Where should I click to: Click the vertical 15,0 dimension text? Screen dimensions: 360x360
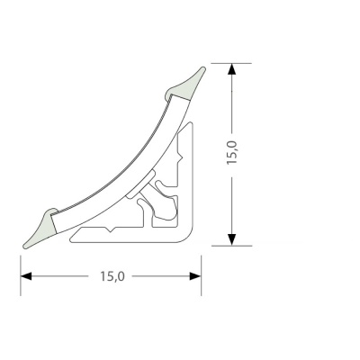click(232, 152)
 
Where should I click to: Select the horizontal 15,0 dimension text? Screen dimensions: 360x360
click(108, 276)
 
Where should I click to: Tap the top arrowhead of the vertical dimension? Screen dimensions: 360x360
click(232, 69)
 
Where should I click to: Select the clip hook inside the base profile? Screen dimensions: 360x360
click(162, 202)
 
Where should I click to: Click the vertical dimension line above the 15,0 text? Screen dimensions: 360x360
click(232, 103)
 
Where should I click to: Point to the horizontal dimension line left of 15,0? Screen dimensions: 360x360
click(58, 276)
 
